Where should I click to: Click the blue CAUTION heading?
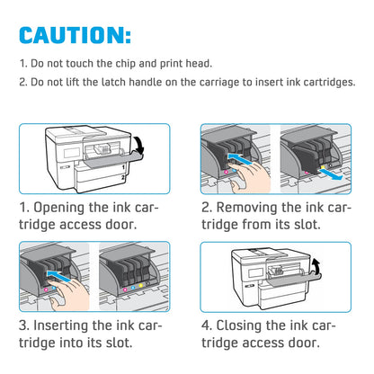76,35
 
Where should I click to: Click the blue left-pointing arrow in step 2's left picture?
236,156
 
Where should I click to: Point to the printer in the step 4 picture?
261,272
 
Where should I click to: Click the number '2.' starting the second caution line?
22,82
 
